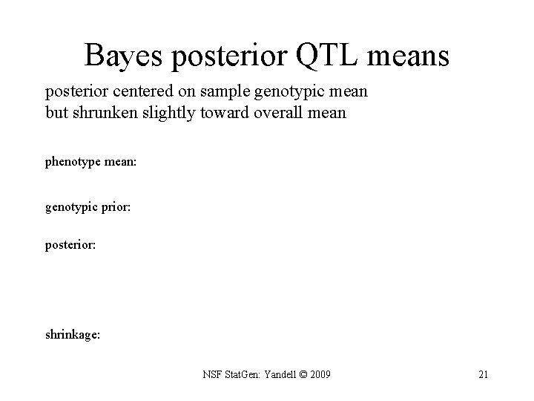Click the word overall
tap(275, 114)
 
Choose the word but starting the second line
tap(56, 114)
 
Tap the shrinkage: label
tap(73, 335)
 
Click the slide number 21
tap(483, 374)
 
